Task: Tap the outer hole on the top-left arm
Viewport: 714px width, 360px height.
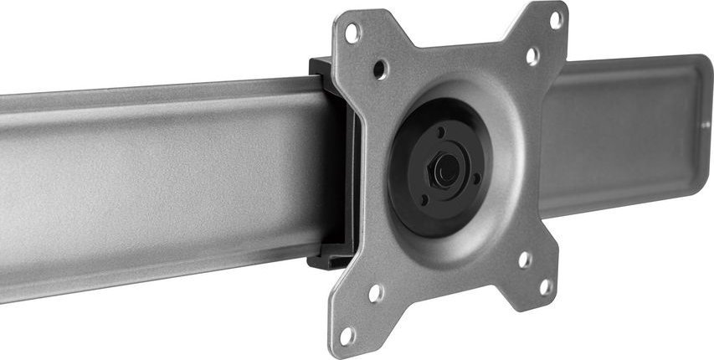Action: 352,33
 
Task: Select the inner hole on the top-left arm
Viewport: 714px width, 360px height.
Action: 380,66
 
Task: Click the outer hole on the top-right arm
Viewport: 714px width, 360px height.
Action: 555,19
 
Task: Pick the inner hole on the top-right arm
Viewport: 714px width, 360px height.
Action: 532,56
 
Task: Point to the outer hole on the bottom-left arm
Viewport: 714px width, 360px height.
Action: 347,335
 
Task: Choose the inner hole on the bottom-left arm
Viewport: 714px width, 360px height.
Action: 376,293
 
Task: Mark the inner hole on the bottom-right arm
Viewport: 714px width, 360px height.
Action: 524,259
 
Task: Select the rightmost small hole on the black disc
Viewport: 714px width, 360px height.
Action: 476,177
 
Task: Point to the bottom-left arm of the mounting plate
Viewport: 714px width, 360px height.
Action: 360,310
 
